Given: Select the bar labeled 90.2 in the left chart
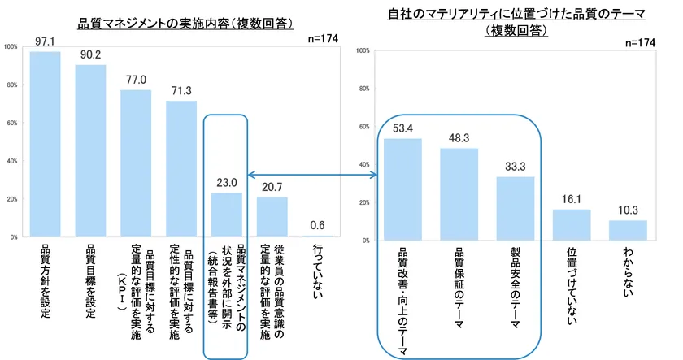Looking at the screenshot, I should (x=90, y=150).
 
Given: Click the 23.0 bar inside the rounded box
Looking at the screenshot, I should (x=226, y=215).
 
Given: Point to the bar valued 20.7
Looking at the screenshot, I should (x=272, y=217).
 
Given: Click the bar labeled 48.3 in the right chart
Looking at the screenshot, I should (x=459, y=194).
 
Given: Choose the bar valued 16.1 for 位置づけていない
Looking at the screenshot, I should (x=572, y=224).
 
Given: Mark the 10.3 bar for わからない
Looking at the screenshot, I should (x=628, y=230).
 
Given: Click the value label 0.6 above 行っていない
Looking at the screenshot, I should (x=318, y=225).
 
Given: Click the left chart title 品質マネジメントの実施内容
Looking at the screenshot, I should (x=185, y=23).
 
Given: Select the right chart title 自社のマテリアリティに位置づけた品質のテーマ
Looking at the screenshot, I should (x=516, y=14).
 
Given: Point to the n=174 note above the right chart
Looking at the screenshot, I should (x=641, y=42).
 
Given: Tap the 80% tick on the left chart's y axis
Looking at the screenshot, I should (x=11, y=85).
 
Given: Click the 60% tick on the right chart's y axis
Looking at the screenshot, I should (x=363, y=127).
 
